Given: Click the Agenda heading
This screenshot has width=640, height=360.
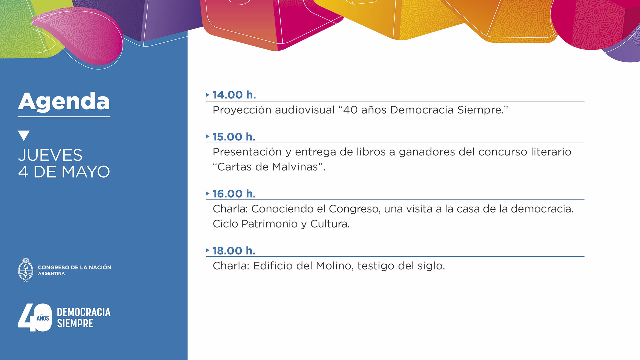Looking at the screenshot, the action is pos(64,102).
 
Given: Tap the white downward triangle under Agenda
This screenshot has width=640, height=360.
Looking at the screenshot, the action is pos(24,135).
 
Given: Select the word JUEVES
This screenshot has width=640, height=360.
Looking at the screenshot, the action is pos(50,155).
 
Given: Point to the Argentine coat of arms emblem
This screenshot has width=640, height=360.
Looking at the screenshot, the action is pos(26,270).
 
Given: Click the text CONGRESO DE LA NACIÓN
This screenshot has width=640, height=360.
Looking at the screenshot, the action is pos(75,267).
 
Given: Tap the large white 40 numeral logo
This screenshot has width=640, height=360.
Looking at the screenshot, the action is pos(35,317).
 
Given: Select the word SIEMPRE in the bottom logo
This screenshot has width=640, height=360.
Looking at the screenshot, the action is pos(75,323).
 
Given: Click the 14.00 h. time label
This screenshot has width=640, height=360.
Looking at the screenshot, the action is pos(234,95).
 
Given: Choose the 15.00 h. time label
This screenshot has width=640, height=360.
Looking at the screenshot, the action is pos(234,137).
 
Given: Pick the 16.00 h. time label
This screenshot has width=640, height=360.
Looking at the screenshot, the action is pos(234,194).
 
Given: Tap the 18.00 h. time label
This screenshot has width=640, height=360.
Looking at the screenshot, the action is pos(234,251).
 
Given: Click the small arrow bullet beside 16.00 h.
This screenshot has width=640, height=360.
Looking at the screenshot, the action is pos(207,193).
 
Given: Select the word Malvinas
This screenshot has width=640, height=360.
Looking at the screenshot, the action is pos(295,167).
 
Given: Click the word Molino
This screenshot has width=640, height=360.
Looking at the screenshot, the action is pos(335,266).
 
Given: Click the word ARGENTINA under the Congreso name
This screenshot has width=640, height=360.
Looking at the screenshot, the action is pos(51,274).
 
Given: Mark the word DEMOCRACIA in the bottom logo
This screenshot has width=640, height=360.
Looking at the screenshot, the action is pos(84,312).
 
